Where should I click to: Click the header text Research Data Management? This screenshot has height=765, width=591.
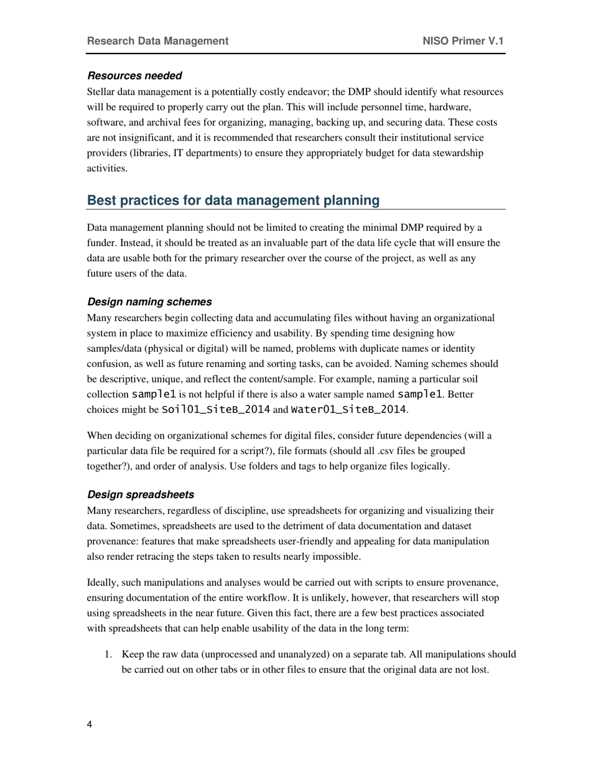157,41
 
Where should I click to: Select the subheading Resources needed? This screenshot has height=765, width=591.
134,76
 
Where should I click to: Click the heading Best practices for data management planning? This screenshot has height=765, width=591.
233,200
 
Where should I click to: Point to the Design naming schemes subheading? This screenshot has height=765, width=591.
149,302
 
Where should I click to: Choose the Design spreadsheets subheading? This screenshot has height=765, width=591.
141,494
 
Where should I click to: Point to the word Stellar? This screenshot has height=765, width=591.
101,92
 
